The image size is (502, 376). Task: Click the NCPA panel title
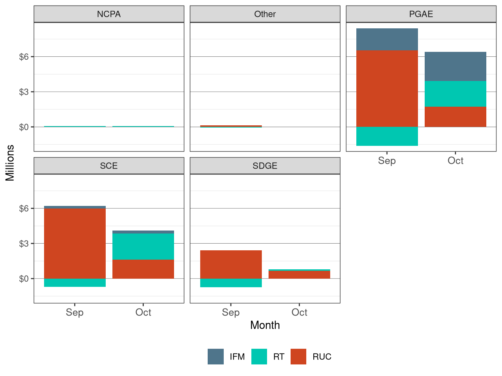(109, 14)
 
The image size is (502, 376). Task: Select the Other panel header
(265, 14)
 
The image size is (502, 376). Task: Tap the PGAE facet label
(421, 14)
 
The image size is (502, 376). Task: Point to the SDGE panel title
(265, 166)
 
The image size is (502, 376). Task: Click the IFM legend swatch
(216, 357)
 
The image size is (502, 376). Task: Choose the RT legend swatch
(259, 357)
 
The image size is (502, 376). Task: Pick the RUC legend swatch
(298, 357)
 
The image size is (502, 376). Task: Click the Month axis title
(265, 325)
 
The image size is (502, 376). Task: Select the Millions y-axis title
(10, 163)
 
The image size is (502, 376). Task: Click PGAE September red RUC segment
(387, 89)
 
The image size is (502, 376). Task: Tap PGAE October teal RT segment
(455, 94)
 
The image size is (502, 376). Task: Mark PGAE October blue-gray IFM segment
(455, 66)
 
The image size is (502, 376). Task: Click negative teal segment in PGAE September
(387, 136)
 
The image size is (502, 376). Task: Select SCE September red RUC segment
(75, 244)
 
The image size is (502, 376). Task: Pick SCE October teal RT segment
(143, 247)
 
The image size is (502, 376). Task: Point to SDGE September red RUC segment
(231, 264)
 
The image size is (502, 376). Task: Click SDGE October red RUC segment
(299, 275)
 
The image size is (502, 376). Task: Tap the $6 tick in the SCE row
(24, 209)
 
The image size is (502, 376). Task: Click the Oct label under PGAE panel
(455, 161)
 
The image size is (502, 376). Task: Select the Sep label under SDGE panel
(231, 313)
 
